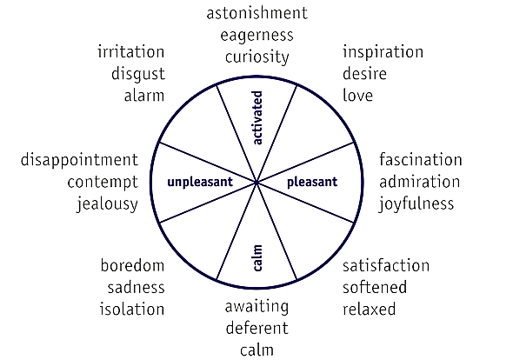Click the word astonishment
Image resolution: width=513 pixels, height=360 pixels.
[x=257, y=13]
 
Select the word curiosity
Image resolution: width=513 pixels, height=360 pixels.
[x=257, y=57]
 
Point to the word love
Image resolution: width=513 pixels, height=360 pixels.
[x=357, y=96]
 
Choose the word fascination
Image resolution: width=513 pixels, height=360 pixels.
[x=421, y=160]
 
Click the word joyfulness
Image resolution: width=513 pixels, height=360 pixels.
[x=416, y=204]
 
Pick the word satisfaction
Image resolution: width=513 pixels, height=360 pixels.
[x=386, y=266]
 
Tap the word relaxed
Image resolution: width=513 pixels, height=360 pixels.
[x=370, y=309]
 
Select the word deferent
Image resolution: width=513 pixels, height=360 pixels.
[x=257, y=328]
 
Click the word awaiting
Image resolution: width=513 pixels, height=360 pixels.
[x=256, y=308]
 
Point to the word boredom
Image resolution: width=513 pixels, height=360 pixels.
[x=132, y=265]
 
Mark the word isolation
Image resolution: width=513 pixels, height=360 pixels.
[x=132, y=309]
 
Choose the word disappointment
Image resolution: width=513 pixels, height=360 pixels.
[x=79, y=161]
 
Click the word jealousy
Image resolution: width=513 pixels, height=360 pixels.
[x=107, y=204]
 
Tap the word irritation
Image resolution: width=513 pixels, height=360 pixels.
[x=131, y=52]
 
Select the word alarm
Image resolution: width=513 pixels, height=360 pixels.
[x=144, y=96]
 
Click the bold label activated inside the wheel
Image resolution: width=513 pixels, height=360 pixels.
[x=257, y=117]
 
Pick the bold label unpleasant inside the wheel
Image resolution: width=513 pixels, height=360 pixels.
[x=200, y=183]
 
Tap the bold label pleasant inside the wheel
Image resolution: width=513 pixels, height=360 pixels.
[x=312, y=183]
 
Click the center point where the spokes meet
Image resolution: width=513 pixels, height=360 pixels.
[x=256, y=183]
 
